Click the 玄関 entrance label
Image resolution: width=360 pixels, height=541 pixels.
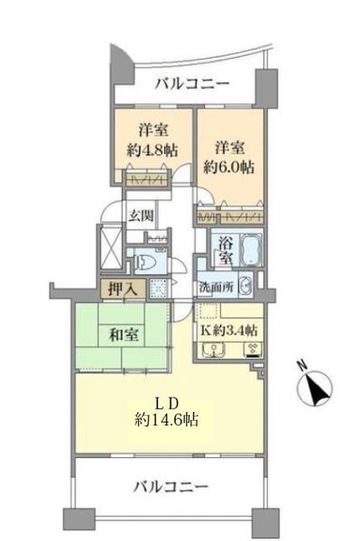(x=141, y=215)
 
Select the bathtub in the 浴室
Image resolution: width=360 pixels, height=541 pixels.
(x=251, y=249)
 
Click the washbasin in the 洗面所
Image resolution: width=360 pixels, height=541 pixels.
(x=245, y=286)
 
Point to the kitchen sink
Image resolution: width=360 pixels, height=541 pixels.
(x=214, y=350)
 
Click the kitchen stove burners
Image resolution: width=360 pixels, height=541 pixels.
(x=254, y=350)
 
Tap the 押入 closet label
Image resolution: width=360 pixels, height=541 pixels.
(x=124, y=289)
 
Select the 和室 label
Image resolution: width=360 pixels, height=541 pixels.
(x=124, y=335)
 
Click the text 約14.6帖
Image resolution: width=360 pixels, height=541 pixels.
(x=166, y=419)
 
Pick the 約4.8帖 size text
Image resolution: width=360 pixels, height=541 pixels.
(x=152, y=151)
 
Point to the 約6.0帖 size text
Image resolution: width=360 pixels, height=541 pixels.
(x=228, y=168)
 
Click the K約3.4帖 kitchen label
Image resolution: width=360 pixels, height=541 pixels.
(x=229, y=331)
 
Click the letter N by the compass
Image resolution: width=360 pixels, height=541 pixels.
(x=302, y=365)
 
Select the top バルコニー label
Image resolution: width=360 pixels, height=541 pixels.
(x=192, y=84)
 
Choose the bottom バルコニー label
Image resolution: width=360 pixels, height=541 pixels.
(x=171, y=487)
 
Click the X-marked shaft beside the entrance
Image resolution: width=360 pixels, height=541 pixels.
(x=110, y=246)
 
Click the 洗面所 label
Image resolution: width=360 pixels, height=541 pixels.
(x=217, y=288)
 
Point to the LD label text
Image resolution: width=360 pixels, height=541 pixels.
(x=167, y=403)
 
